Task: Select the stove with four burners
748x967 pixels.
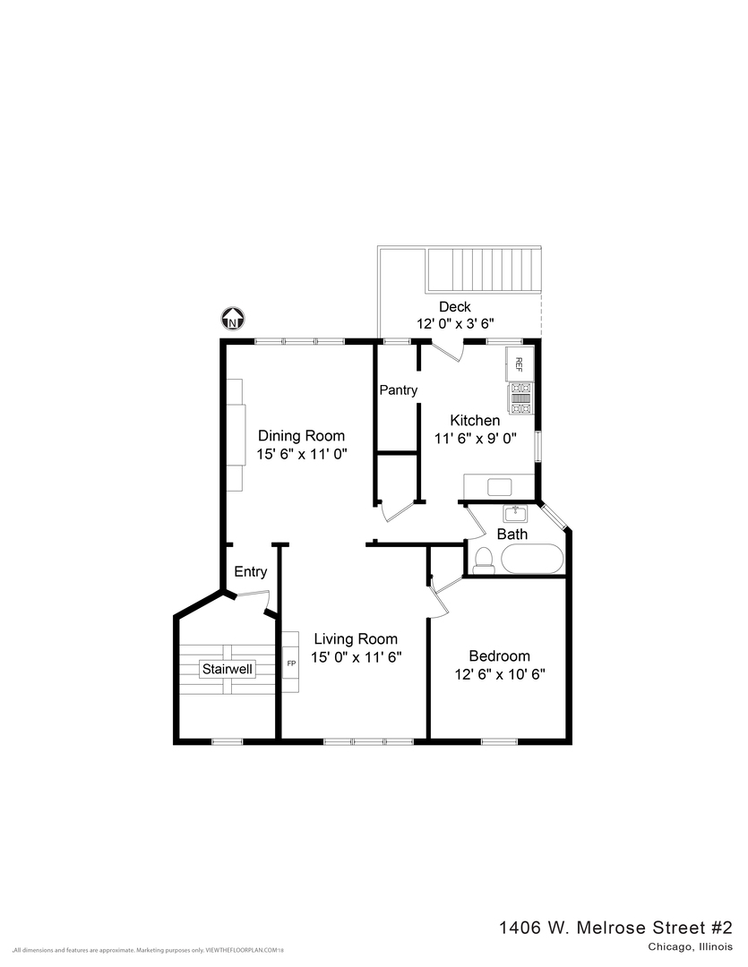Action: [520, 398]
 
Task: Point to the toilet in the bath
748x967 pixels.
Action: [484, 560]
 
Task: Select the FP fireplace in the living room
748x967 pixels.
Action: [291, 663]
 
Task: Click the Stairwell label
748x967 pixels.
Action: [227, 669]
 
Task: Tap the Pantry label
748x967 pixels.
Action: [398, 390]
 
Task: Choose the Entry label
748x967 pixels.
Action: [250, 572]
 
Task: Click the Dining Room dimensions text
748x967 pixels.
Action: [301, 454]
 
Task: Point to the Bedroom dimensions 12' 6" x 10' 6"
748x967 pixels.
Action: [500, 674]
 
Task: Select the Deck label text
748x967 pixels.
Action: [454, 307]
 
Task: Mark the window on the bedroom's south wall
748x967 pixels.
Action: [499, 740]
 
